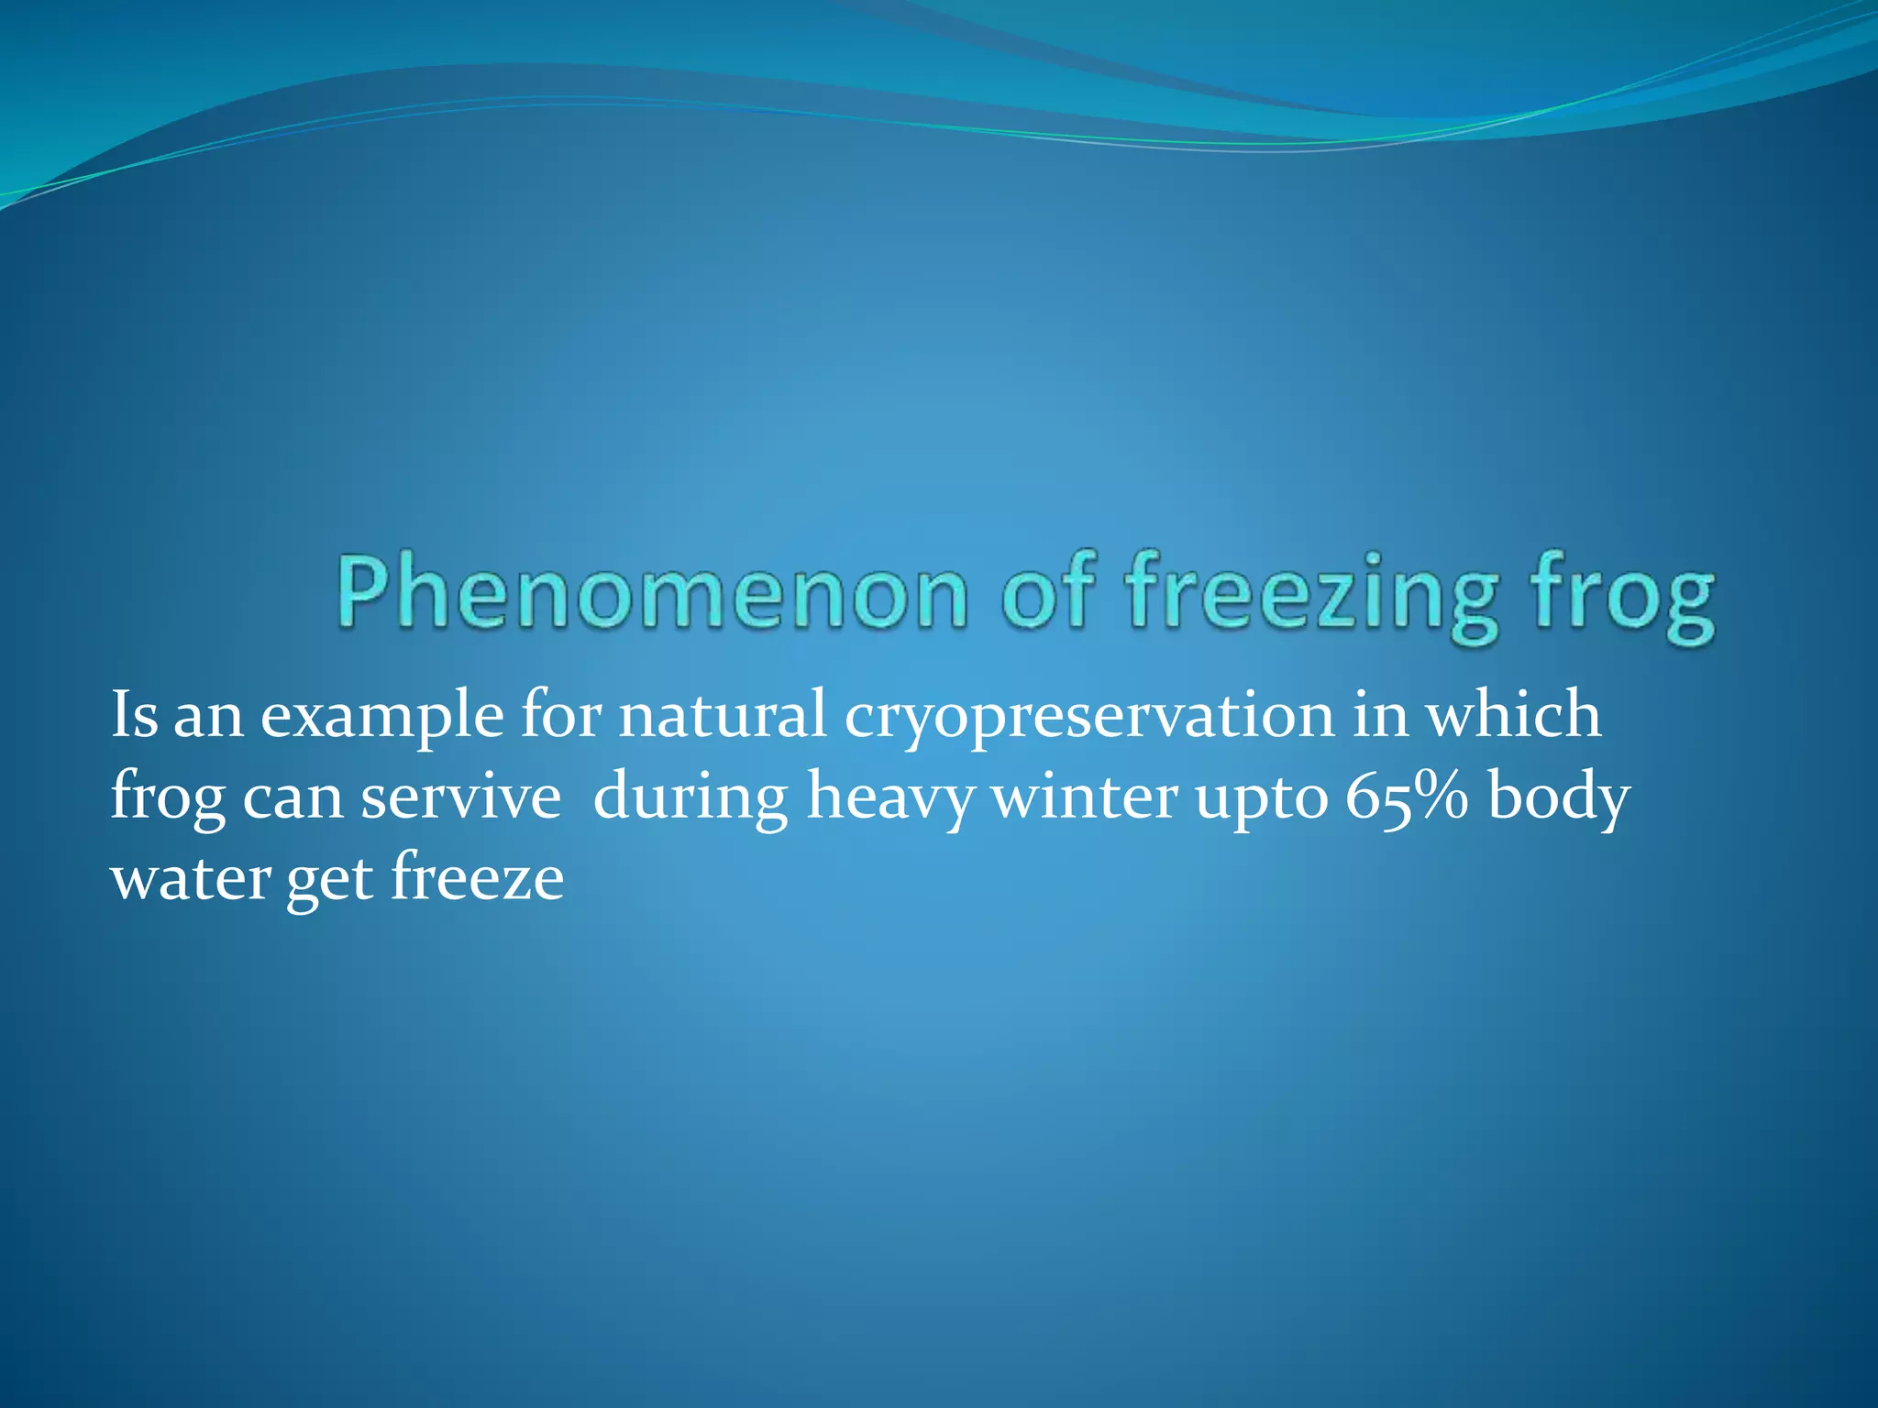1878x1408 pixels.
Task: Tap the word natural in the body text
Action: [x=722, y=715]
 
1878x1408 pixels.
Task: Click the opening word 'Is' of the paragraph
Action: [x=134, y=715]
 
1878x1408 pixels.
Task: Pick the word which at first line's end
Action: [x=1512, y=715]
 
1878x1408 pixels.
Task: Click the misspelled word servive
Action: [x=459, y=797]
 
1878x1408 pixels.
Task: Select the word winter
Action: [x=1086, y=797]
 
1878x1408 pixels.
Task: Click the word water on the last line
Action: [x=190, y=879]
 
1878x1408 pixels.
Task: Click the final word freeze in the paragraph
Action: [x=477, y=877]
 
